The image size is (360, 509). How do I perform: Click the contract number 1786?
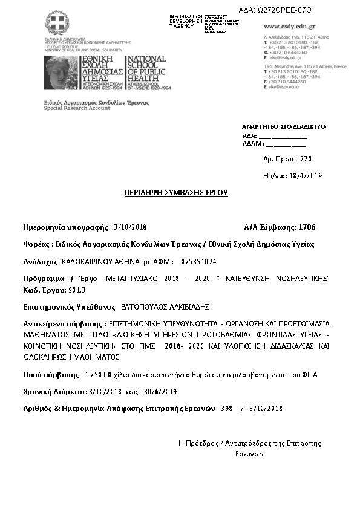pyautogui.click(x=307, y=227)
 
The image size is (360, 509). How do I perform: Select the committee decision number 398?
pyautogui.click(x=227, y=409)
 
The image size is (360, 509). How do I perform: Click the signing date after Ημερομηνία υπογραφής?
pyautogui.click(x=132, y=227)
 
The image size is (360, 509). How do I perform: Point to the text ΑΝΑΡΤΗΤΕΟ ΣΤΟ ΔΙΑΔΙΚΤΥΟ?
pyautogui.click(x=284, y=127)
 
